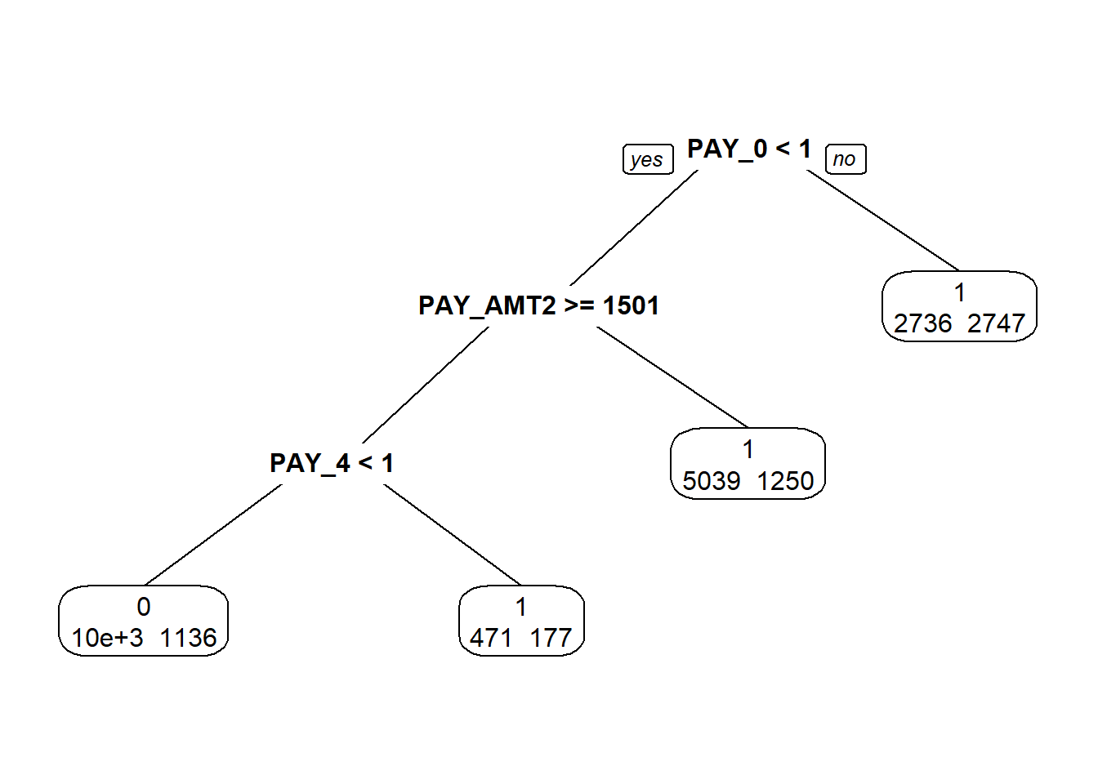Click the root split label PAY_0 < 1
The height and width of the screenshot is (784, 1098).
[748, 149]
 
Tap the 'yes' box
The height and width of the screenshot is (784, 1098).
[647, 159]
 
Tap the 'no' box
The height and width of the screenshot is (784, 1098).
[845, 159]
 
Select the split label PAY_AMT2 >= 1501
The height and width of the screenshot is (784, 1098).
[538, 305]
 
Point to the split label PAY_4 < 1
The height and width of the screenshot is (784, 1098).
[332, 463]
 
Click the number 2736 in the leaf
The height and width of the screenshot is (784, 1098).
[922, 323]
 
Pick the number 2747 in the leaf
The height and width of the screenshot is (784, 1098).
[996, 323]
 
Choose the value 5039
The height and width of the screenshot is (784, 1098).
[711, 481]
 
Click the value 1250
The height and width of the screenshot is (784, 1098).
[785, 481]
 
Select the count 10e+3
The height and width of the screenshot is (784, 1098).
[107, 638]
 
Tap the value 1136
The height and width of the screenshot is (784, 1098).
[188, 638]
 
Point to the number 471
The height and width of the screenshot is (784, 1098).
[490, 638]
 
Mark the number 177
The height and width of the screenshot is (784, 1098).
[551, 638]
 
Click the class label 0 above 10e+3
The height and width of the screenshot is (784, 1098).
[144, 607]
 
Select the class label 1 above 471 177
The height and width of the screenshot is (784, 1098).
[521, 607]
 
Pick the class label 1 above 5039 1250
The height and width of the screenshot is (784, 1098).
[748, 449]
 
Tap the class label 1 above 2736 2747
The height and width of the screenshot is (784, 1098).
[960, 292]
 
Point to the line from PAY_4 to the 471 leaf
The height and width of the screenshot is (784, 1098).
[452, 534]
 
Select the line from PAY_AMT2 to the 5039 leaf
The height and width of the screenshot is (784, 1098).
[672, 376]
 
